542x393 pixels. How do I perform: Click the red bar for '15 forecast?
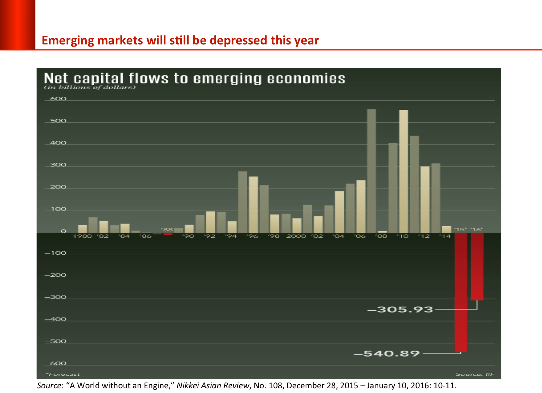click(x=461, y=293)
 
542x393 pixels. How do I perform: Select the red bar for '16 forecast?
click(x=477, y=267)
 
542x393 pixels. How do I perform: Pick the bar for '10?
click(x=404, y=171)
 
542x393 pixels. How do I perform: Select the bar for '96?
click(x=253, y=204)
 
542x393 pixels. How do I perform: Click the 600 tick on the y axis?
click(x=58, y=99)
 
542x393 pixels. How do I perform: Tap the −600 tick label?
click(x=56, y=363)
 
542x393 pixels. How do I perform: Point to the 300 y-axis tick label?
click(x=58, y=165)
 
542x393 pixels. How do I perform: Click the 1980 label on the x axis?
click(x=82, y=236)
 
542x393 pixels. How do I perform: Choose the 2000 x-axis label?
click(x=296, y=236)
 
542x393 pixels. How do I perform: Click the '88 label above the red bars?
click(x=167, y=230)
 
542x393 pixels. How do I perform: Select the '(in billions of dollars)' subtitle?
click(x=90, y=87)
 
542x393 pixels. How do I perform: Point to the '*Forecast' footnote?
click(x=63, y=374)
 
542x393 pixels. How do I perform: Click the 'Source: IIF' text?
click(x=475, y=374)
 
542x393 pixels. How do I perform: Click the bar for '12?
click(x=425, y=199)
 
